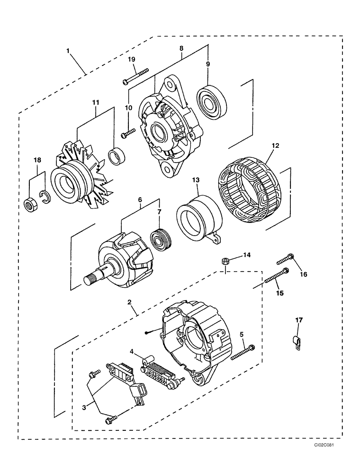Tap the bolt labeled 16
point(284,259)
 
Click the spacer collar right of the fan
point(117,156)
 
